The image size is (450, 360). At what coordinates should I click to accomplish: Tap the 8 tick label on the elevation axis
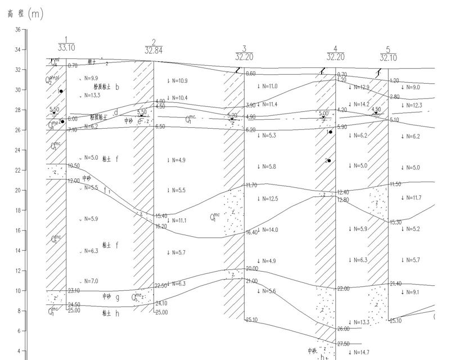19,310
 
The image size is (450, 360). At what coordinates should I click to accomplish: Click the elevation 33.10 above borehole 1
66,48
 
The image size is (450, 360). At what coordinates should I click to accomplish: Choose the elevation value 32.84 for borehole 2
153,50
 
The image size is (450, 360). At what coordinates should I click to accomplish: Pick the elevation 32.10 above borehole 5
389,58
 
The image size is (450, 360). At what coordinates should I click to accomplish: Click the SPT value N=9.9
91,78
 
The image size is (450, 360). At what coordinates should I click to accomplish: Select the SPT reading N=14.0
268,229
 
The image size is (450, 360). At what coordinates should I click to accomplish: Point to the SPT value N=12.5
268,199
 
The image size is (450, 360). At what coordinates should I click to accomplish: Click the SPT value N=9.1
410,292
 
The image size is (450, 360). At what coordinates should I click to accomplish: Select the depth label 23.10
74,291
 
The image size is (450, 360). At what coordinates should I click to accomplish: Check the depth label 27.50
343,343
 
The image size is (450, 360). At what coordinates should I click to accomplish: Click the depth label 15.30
396,222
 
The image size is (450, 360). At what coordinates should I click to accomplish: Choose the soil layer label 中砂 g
111,296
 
